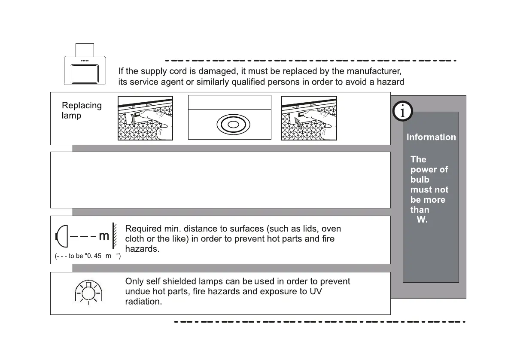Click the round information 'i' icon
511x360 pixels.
click(402, 112)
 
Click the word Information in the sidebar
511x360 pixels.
click(431, 137)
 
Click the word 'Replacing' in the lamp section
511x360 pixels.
click(82, 105)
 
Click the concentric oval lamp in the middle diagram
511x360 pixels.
click(233, 124)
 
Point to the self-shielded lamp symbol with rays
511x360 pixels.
click(88, 293)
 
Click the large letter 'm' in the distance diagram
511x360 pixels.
click(104, 236)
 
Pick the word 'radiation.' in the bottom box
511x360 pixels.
click(143, 302)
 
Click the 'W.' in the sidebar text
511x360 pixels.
click(422, 220)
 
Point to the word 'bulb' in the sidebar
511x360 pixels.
click(420, 180)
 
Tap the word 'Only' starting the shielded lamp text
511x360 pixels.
click(133, 282)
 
